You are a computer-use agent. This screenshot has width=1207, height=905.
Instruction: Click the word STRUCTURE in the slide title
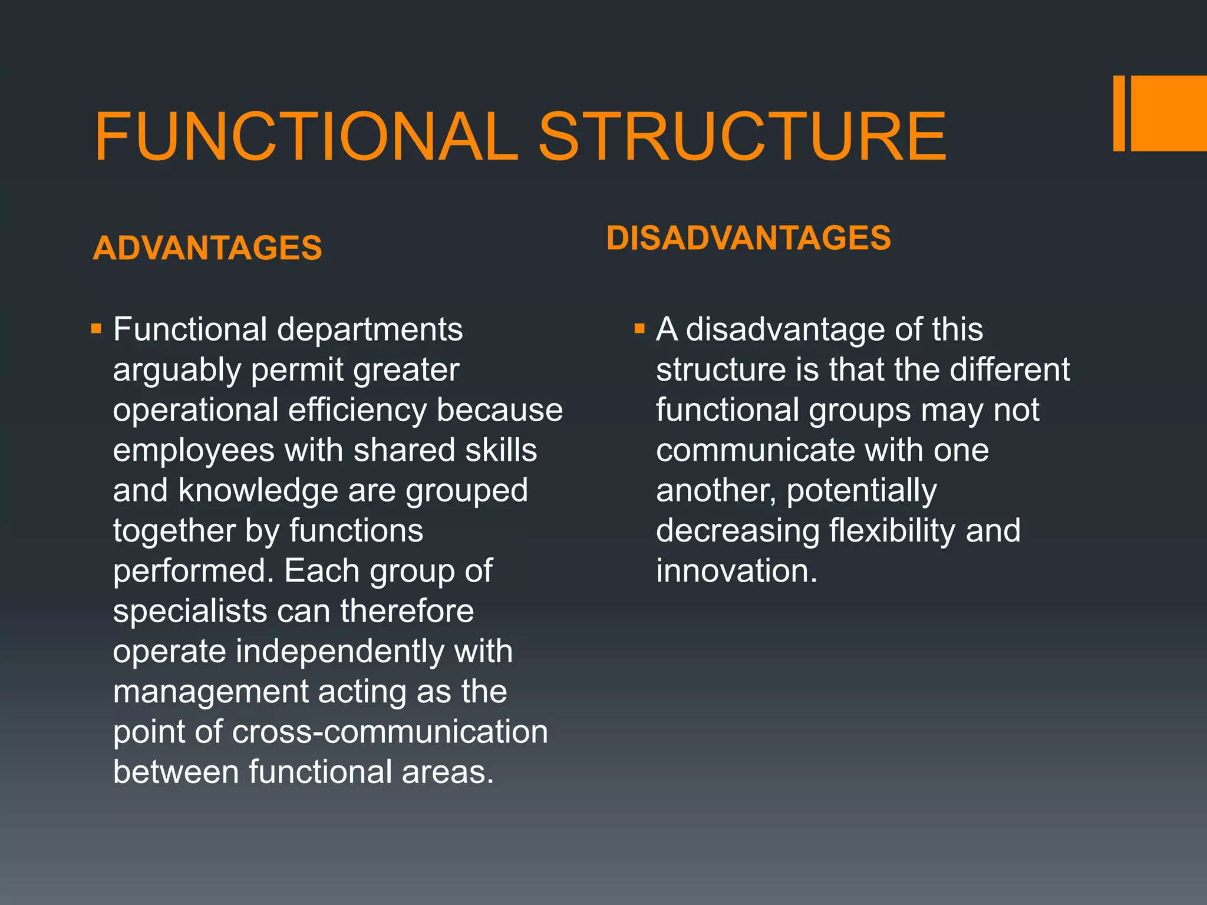pos(742,137)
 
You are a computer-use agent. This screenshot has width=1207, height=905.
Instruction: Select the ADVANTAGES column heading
pos(207,247)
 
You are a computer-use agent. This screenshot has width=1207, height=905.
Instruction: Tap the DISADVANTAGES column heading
pos(748,238)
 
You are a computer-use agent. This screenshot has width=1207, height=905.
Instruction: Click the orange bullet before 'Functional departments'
pos(97,328)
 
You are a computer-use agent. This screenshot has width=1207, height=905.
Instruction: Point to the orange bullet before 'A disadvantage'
pos(639,328)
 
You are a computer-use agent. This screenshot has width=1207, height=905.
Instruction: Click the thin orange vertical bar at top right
pos(1119,113)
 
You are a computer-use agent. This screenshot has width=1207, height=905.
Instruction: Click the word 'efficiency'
pos(357,410)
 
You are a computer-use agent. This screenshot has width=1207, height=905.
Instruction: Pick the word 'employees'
pos(194,451)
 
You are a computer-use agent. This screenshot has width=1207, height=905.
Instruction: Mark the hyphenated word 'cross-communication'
pos(390,732)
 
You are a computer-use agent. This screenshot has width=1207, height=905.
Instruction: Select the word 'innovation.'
pos(737,571)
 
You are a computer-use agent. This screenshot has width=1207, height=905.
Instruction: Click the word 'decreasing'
pos(738,531)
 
